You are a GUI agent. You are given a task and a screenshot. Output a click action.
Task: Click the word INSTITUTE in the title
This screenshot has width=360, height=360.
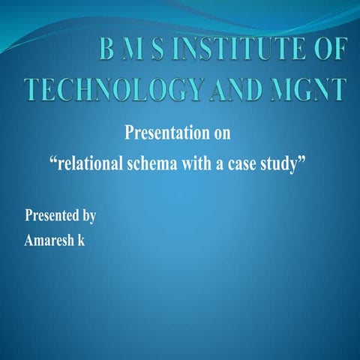242,51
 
